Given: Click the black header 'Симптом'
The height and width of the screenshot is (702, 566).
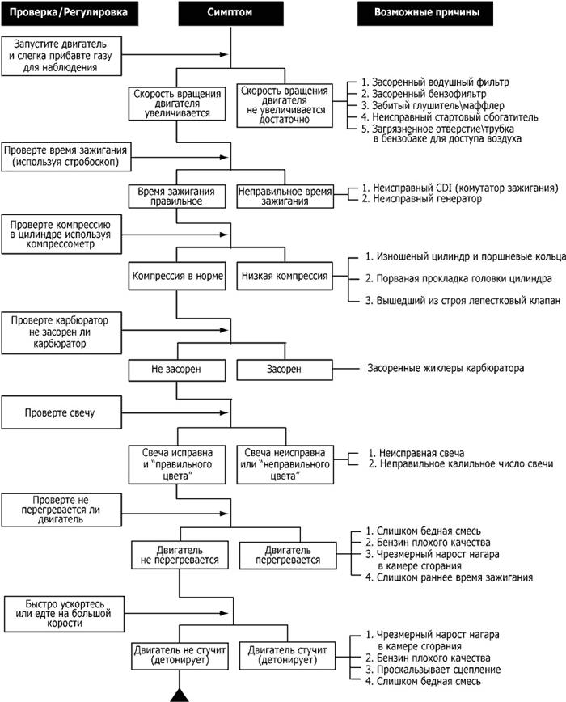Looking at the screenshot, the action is (x=231, y=13).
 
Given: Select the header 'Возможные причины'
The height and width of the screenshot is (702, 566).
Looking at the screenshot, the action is (x=425, y=13).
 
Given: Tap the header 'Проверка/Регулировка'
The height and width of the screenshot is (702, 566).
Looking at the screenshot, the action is (x=70, y=13).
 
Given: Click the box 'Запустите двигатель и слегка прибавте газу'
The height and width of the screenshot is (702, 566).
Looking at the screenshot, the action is (x=61, y=56).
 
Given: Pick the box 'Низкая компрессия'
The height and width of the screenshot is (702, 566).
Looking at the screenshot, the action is (x=285, y=276).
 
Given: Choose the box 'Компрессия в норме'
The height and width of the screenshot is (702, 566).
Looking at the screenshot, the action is (x=177, y=276).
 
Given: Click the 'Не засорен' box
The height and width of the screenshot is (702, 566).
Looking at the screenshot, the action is (x=177, y=370).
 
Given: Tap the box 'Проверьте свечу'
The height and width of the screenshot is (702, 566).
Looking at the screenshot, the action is (x=61, y=412).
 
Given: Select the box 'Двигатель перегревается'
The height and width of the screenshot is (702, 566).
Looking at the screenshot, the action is (x=288, y=555).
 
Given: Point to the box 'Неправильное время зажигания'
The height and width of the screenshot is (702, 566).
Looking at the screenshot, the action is (x=285, y=196).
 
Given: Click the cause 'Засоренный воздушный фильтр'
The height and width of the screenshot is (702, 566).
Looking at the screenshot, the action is (x=435, y=82).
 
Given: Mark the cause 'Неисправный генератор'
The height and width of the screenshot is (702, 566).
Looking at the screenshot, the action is (x=422, y=199).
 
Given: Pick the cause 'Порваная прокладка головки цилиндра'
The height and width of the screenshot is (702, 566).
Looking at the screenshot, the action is (x=458, y=278).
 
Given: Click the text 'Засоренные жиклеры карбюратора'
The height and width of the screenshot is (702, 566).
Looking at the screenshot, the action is (x=446, y=369).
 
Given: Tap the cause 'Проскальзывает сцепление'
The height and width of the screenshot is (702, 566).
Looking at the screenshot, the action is (x=433, y=670).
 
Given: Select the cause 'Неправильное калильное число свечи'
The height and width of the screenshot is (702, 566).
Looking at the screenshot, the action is (x=461, y=464).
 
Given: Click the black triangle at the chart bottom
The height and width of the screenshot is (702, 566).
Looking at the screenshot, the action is (x=180, y=695).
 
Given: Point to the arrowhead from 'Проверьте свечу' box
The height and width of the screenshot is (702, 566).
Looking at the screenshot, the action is (x=224, y=412).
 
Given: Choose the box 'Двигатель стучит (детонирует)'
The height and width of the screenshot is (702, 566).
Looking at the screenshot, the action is (x=287, y=655).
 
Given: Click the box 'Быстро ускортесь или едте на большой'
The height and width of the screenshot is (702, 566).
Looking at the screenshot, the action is (x=65, y=614).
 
